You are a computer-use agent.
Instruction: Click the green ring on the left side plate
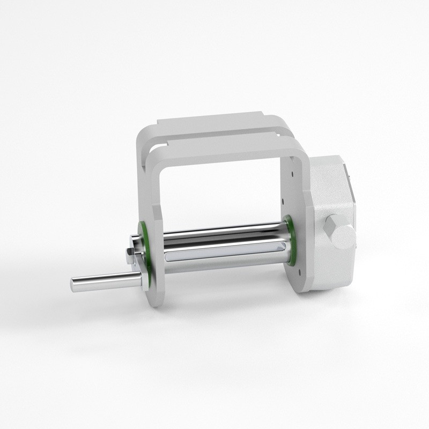coord(144,233)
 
